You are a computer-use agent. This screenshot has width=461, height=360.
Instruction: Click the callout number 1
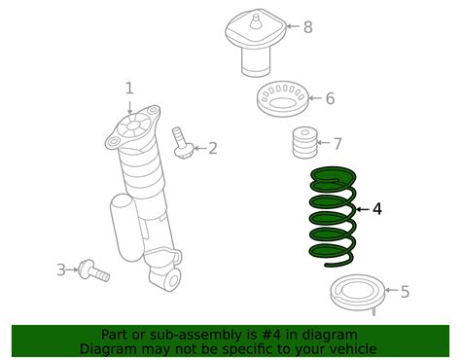128,89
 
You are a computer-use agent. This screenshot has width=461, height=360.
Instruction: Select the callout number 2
212,148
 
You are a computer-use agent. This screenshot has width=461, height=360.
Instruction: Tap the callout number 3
60,269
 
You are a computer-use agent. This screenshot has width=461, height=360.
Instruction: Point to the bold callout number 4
377,208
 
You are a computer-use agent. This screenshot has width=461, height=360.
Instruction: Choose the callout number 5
405,291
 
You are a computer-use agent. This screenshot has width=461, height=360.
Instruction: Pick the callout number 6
330,98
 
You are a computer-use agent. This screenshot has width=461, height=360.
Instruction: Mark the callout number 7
337,144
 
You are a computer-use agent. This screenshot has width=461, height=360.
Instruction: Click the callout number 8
307,26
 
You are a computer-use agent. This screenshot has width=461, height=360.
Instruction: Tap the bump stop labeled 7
305,147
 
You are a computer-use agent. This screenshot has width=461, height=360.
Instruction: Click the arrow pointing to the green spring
361,208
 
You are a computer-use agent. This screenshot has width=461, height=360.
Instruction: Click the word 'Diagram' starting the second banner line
111,348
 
